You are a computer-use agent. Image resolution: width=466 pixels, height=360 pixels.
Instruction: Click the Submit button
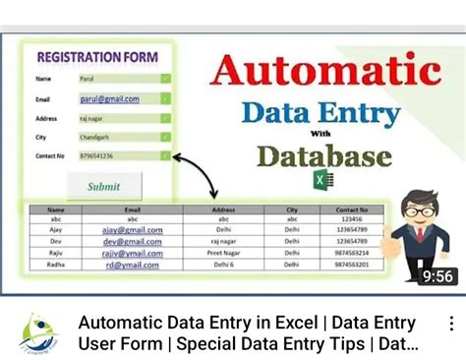104,186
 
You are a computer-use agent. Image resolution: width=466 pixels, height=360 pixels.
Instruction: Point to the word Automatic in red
324,70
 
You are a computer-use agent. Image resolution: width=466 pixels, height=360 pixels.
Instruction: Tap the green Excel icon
323,180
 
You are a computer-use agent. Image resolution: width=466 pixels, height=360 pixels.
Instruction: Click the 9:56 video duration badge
437,276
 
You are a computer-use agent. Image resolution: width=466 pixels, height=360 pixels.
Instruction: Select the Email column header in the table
133,210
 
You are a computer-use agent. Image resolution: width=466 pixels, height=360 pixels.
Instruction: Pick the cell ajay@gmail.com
133,229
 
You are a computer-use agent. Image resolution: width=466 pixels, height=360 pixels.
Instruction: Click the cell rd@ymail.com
133,264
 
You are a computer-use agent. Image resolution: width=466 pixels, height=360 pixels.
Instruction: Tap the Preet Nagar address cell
224,253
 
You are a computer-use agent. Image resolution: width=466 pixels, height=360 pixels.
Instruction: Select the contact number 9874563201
351,264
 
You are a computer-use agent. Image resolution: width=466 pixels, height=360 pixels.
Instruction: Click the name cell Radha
55,264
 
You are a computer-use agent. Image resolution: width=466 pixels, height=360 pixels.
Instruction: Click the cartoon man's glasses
420,210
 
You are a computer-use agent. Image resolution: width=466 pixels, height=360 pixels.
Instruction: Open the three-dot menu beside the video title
451,324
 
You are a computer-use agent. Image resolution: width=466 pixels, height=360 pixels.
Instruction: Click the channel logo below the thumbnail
38,332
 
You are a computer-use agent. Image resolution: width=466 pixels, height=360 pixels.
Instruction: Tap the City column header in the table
292,210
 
